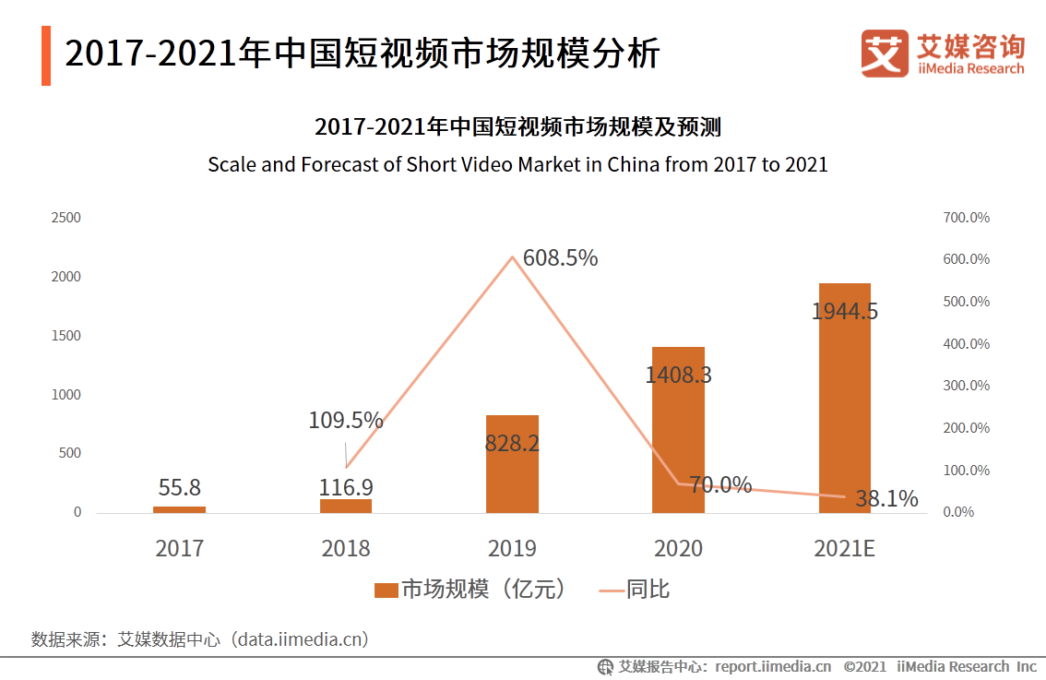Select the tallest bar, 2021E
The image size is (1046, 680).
point(844,398)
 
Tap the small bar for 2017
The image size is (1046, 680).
point(179,509)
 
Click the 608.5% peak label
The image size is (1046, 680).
point(560,258)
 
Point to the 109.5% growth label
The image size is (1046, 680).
point(346,421)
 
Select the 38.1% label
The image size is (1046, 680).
point(886,499)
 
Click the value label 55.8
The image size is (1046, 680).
point(179,487)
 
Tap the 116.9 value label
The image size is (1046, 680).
point(346,487)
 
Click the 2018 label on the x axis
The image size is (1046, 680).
point(346,548)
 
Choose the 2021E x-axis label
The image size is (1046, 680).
point(844,548)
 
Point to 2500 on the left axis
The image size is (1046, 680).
point(65,218)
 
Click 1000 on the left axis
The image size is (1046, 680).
point(65,395)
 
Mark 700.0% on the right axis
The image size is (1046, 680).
point(966,218)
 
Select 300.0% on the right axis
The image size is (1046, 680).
point(966,386)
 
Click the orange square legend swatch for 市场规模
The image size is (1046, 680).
point(386,590)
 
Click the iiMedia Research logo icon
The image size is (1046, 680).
point(884,54)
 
